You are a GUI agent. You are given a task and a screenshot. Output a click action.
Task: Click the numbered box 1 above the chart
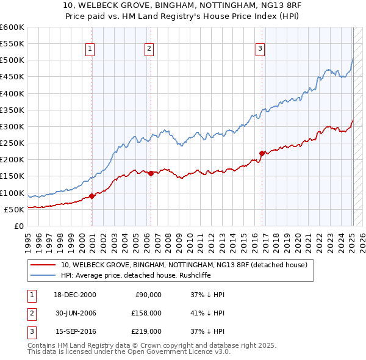coord(90,49)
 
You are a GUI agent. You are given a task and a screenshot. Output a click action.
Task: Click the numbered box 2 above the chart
coord(149,49)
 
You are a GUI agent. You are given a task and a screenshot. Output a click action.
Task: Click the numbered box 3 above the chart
coord(260,49)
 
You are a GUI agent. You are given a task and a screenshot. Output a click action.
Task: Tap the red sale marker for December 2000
coord(92,196)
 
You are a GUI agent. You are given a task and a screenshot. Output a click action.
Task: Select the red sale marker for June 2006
coord(151,173)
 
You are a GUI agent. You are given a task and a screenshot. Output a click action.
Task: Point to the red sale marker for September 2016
coord(262,153)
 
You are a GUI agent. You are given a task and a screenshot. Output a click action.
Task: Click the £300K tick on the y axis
coord(12,126)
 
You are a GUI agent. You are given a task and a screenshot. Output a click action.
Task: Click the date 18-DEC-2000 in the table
coord(75,295)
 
